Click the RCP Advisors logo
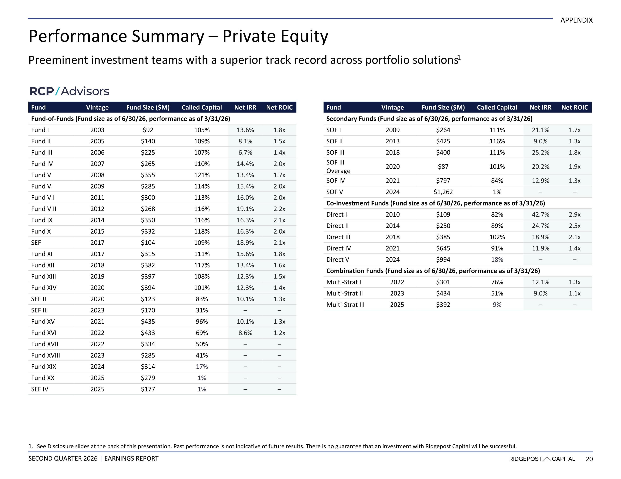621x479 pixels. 69,91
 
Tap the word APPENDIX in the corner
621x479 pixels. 576,20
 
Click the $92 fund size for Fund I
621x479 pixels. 148,130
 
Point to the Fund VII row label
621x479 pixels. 43,198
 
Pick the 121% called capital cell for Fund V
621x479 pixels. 202,175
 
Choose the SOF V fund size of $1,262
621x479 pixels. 443,192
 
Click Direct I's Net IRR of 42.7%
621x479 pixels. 540,214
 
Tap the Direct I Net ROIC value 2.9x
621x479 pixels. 574,214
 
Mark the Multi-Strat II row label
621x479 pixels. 344,293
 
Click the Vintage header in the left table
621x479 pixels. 97,107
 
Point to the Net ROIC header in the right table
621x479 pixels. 574,107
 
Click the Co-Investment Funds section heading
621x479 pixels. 436,203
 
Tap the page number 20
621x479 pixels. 589,459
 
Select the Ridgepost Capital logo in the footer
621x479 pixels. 542,459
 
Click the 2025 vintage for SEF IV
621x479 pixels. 97,389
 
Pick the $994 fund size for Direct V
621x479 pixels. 443,259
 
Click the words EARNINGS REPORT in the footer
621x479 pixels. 131,459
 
